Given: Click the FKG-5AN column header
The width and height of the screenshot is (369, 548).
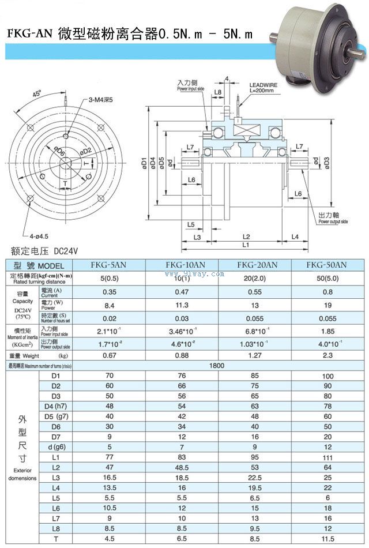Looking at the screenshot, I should (109, 265).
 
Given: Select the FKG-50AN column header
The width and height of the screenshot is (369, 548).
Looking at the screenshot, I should (326, 265).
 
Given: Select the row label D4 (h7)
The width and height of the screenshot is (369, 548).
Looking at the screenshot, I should (56, 406).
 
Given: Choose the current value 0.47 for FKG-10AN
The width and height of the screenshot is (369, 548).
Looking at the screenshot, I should (182, 292).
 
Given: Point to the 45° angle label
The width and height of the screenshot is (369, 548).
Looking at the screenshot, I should (37, 94).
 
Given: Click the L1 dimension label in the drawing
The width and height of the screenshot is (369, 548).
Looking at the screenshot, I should (245, 245).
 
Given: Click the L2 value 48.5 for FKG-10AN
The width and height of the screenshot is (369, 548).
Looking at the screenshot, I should (182, 467).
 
